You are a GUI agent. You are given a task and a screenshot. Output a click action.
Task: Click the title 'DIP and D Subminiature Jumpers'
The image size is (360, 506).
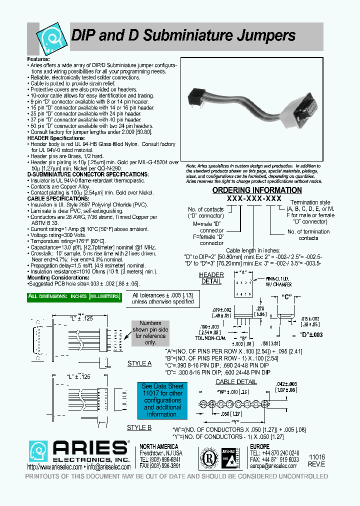click(184, 35)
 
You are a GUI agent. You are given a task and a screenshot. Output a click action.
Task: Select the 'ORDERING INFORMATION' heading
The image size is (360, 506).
click(257, 190)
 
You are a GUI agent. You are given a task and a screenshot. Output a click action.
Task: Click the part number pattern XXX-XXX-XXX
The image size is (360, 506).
click(254, 198)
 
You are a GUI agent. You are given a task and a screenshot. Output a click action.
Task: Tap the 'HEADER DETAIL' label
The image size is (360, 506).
click(211, 278)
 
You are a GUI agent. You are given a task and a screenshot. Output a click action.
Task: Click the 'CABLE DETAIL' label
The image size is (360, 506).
click(236, 382)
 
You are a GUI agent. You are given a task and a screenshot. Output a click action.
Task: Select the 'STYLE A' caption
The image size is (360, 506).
click(139, 363)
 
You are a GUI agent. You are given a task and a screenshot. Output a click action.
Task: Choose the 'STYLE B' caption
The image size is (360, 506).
click(139, 427)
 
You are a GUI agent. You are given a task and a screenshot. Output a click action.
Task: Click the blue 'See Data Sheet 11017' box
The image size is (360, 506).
click(162, 400)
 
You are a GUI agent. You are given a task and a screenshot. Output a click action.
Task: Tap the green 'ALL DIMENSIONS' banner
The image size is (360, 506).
click(74, 296)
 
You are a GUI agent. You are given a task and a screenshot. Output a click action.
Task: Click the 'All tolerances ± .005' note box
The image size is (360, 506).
click(162, 298)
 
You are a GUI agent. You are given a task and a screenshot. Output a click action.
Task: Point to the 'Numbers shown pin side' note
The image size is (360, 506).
click(150, 333)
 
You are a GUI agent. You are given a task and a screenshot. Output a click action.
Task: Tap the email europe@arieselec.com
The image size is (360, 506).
click(273, 465)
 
